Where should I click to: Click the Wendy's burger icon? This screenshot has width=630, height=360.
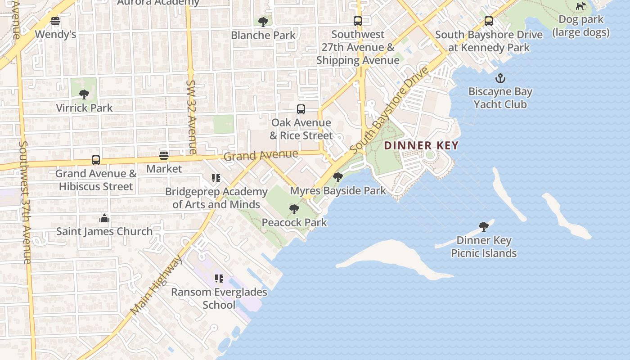coord(55,21)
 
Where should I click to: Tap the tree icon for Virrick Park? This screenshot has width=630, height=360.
coord(84,94)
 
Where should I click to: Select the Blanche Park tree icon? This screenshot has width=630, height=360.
coord(263,21)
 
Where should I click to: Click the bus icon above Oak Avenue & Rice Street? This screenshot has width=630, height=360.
coord(301,109)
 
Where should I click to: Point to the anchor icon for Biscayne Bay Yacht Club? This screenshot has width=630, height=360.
coord(500,79)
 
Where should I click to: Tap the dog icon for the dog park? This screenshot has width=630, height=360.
coord(581,6)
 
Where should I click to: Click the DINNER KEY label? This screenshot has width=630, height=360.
coord(421,146)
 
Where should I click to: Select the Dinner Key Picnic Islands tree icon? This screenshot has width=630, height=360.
coord(484,226)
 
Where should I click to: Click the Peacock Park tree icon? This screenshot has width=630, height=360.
coord(294,209)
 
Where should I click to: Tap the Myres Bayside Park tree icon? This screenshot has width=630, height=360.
coord(338,177)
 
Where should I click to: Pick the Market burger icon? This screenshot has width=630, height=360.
coord(164,156)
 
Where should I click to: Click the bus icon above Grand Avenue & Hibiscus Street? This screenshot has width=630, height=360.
coord(96,160)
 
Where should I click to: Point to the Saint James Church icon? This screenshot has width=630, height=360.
coord(104,219)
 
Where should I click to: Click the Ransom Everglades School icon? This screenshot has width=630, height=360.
coord(219,279)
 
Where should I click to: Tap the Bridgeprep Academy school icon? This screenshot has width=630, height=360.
coord(216,179)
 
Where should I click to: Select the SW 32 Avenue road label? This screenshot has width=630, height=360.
coord(191,117)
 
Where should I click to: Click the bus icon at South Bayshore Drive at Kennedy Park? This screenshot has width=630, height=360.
coord(488,21)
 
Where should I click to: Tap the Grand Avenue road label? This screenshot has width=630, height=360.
coord(261,156)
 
